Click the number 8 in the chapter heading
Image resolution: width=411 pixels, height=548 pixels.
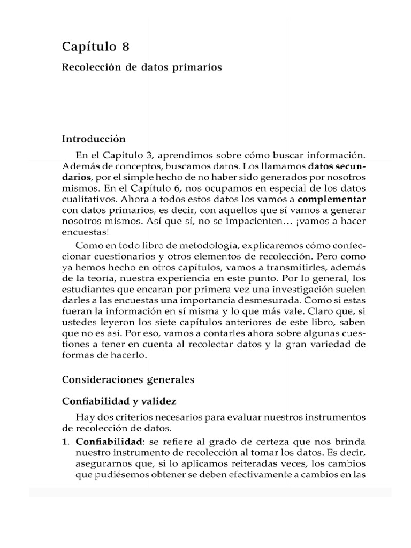[x=125, y=47]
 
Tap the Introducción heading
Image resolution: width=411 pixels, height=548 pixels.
[x=94, y=139]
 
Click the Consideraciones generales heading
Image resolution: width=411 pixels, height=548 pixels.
[x=127, y=380]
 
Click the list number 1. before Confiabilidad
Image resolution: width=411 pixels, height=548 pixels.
[x=66, y=442]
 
